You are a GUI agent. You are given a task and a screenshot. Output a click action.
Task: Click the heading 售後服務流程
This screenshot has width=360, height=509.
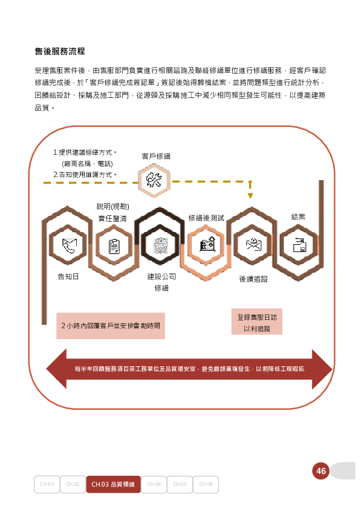(60, 51)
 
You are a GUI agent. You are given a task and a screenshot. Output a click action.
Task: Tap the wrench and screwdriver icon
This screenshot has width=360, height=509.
(154, 180)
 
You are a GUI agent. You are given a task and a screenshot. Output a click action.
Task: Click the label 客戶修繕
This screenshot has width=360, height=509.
(156, 157)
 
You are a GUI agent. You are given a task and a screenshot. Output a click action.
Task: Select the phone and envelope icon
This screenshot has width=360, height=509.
(69, 245)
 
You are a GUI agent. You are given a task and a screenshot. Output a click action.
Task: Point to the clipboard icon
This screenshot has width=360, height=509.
(114, 246)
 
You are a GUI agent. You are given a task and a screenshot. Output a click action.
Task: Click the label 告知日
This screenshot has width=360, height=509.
(68, 277)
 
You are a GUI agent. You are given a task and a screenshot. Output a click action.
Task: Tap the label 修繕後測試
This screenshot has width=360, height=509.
(206, 218)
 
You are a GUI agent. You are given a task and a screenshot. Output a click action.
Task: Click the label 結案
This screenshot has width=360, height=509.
(298, 217)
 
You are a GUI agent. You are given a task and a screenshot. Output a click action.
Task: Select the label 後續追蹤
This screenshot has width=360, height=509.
(254, 279)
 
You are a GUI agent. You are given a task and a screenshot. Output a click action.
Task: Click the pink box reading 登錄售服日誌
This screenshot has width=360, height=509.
(257, 322)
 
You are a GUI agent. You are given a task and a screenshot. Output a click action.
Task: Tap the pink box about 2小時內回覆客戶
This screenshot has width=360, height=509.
(111, 326)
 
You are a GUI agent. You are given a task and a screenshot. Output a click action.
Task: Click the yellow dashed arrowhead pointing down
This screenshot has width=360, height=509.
(250, 195)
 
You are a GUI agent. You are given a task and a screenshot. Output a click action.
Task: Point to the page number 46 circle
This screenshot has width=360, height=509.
(321, 471)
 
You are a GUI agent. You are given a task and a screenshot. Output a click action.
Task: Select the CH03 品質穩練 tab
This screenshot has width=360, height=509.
(113, 484)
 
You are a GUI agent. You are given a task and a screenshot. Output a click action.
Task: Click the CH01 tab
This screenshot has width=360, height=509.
(47, 484)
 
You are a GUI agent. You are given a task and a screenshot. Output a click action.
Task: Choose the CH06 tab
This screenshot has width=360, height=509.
(206, 484)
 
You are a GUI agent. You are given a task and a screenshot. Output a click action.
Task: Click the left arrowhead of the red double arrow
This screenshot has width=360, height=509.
(56, 369)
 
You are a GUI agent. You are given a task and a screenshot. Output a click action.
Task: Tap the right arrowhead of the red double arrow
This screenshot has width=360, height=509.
(322, 369)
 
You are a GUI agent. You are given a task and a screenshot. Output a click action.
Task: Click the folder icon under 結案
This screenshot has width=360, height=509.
(299, 245)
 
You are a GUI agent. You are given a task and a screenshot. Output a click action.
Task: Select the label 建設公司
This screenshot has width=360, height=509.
(162, 277)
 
